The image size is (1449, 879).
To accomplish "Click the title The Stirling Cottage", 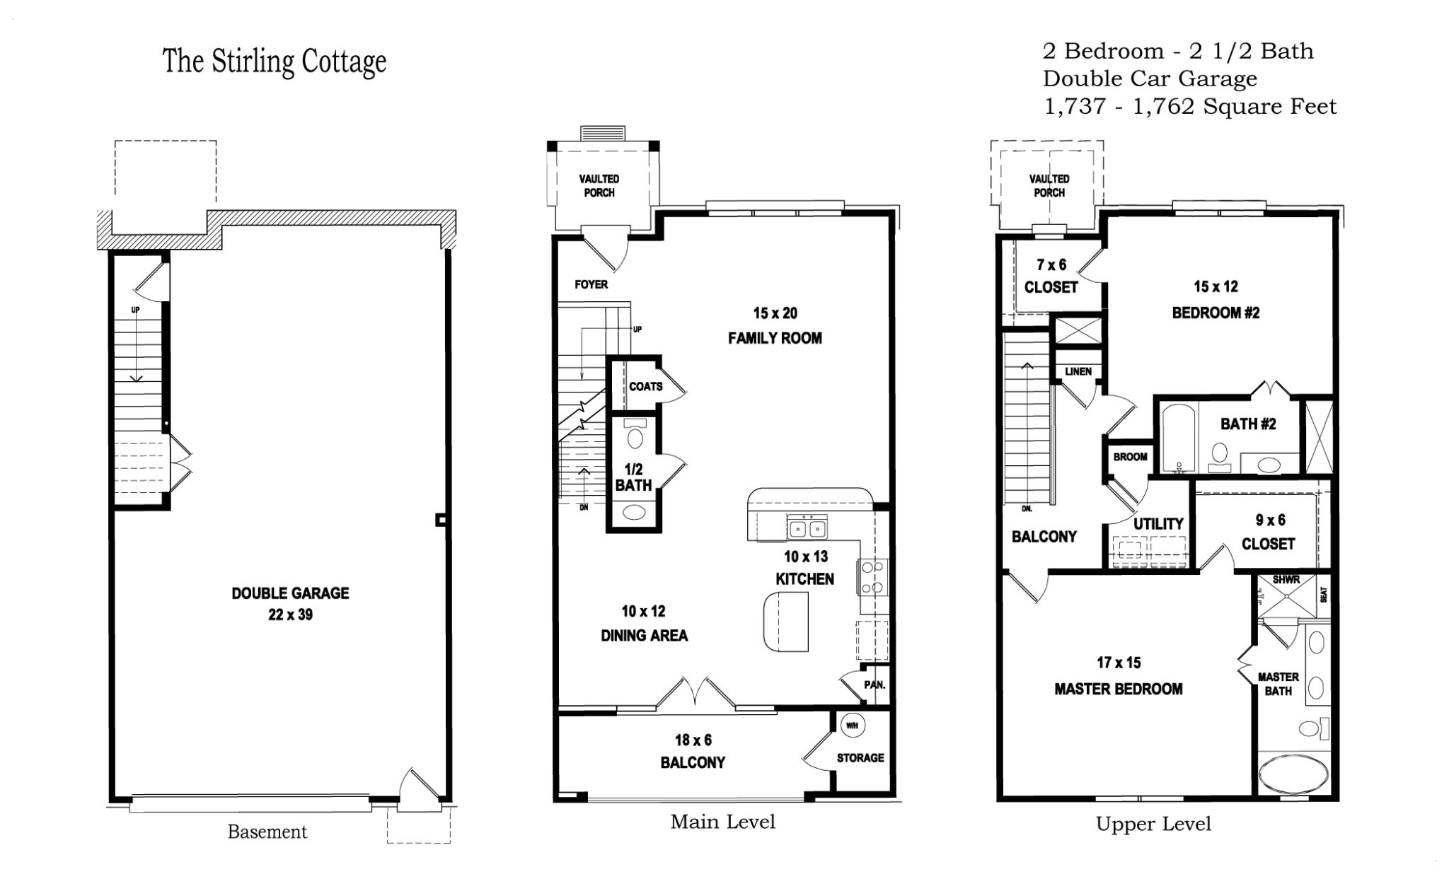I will click(x=275, y=62).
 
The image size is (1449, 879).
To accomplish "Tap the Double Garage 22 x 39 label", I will click(x=290, y=603).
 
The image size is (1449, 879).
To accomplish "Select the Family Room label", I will click(x=775, y=338).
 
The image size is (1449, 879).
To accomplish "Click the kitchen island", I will click(x=786, y=622).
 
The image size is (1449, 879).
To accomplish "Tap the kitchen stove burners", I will click(x=872, y=576).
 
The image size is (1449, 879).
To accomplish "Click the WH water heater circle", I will click(x=852, y=726).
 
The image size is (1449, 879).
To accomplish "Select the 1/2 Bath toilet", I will click(x=635, y=436).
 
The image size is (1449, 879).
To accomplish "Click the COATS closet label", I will click(x=645, y=386).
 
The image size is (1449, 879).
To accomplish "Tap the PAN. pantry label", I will click(x=874, y=685).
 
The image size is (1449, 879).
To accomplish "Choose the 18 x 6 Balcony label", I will click(x=693, y=751).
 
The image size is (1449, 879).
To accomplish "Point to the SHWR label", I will click(x=1286, y=580).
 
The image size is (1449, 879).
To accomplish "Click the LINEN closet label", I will click(x=1078, y=371).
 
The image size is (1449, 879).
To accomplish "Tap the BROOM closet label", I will click(x=1130, y=457).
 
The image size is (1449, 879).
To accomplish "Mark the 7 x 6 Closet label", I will click(x=1051, y=276).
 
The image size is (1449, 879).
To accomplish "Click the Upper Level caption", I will click(x=1153, y=824).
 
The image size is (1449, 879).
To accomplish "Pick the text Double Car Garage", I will click(x=1150, y=78).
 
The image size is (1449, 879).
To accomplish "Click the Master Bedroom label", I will click(x=1118, y=689).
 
